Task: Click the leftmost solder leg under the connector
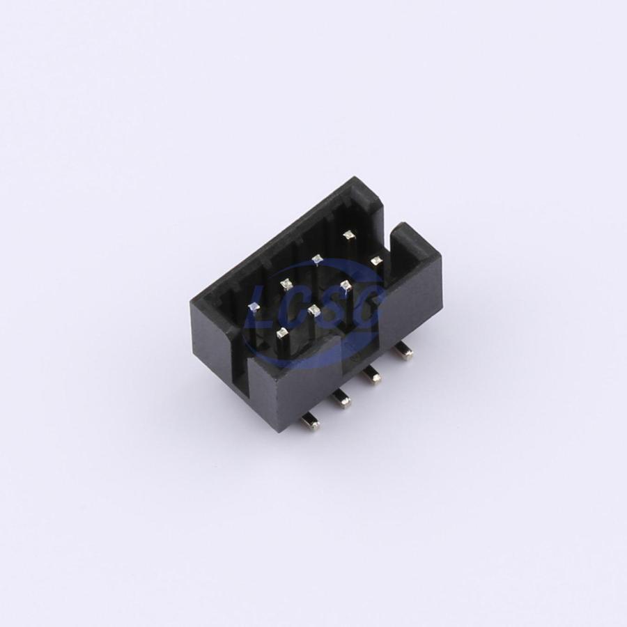[x=310, y=421]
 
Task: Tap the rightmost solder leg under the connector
[x=403, y=351]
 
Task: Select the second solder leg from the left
[x=341, y=399]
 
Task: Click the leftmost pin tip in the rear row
[x=254, y=307]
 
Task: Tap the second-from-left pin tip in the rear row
[x=286, y=284]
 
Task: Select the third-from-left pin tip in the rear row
[x=317, y=260]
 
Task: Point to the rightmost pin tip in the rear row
[x=349, y=235]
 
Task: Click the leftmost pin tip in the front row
[x=282, y=332]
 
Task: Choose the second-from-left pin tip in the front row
[x=314, y=309]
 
